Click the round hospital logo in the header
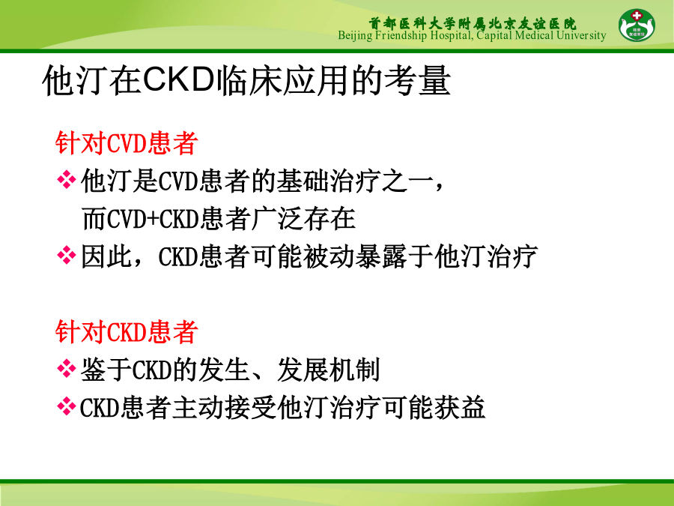tap(637, 25)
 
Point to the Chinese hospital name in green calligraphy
tap(473, 23)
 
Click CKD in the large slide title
tap(178, 79)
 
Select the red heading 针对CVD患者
tap(127, 143)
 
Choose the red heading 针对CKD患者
tap(127, 332)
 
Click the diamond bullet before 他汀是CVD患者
tap(66, 180)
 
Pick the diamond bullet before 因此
tap(66, 256)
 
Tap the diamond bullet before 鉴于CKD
tap(66, 369)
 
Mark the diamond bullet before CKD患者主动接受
tap(66, 406)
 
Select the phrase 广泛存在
tap(303, 219)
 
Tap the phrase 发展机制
tap(329, 370)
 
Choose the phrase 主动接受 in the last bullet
tap(224, 408)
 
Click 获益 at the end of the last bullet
tap(460, 408)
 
